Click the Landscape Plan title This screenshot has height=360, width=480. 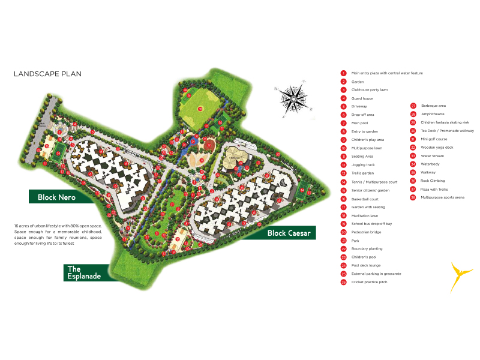pos(47,74)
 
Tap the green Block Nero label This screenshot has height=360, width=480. pos(57,197)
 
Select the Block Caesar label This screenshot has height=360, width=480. pos(289,233)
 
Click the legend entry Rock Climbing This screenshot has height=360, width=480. pos(432,181)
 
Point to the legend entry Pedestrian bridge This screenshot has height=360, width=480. pos(367,232)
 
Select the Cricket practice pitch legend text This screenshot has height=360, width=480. pos(370,282)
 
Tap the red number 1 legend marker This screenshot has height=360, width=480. pos(344,73)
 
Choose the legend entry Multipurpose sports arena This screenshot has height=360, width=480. pos(442,197)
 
